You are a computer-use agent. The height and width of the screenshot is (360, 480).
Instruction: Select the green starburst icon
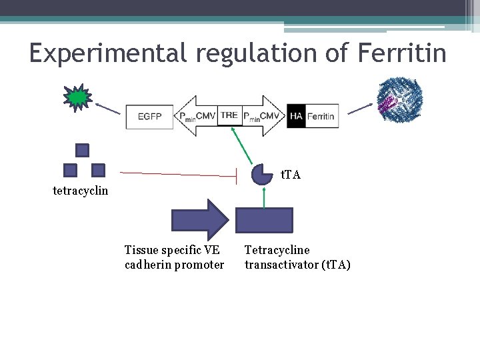(77, 97)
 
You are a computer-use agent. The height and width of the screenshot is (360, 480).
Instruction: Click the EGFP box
(149, 117)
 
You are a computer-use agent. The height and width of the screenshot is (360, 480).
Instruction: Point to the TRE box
(229, 115)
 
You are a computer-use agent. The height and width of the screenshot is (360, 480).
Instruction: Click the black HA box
(296, 117)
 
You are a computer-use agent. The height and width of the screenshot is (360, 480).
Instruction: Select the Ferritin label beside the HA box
(321, 117)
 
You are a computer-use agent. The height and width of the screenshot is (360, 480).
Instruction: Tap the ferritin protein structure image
(399, 100)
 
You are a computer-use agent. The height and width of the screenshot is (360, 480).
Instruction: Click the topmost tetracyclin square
(82, 150)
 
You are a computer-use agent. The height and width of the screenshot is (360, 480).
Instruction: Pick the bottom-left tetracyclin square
(70, 169)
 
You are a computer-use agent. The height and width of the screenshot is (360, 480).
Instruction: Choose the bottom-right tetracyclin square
(98, 169)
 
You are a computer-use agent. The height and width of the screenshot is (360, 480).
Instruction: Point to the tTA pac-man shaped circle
(263, 174)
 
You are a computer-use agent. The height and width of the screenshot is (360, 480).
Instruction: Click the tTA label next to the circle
(291, 175)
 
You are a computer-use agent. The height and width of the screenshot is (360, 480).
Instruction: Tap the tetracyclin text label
(80, 191)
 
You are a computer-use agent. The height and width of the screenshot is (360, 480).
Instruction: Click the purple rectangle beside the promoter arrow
(264, 220)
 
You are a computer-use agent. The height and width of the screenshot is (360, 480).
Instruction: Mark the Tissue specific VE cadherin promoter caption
(174, 257)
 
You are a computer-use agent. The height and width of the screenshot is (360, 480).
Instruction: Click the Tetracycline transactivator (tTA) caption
(297, 257)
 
